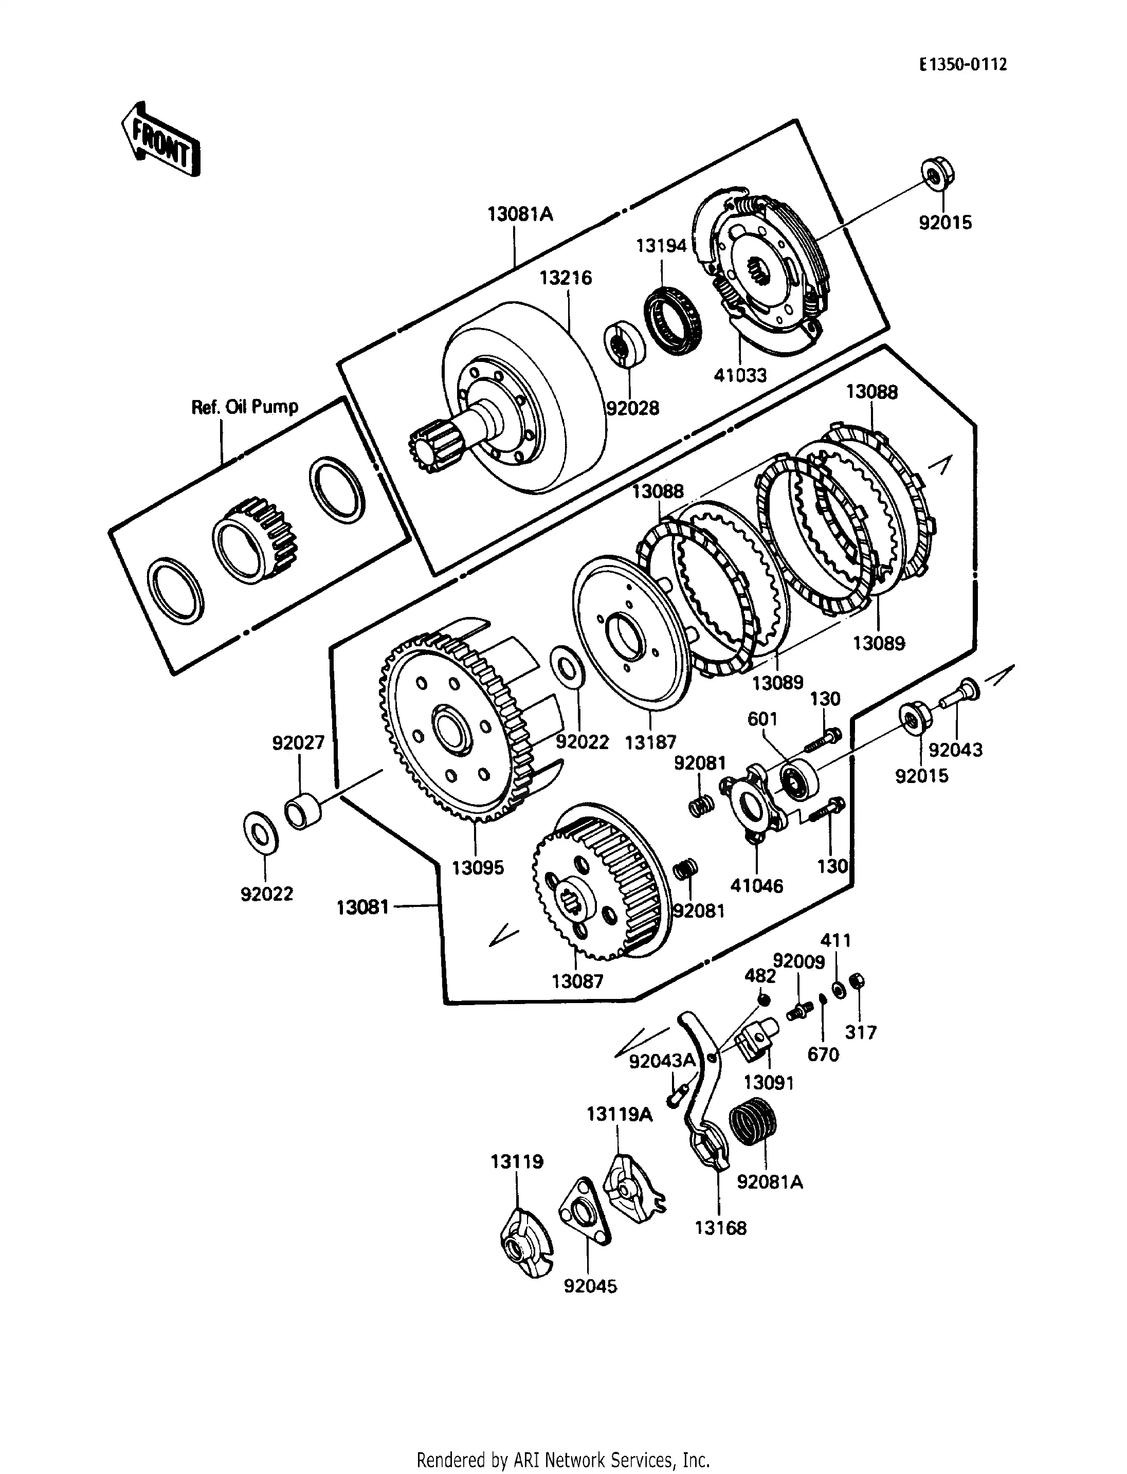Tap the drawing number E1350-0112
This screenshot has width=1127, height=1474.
[x=962, y=64]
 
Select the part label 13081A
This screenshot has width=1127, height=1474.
[x=520, y=215]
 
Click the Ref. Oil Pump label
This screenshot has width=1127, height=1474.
[x=245, y=407]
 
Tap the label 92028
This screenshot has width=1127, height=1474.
[x=632, y=408]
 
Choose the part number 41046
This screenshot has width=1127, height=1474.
[x=757, y=886]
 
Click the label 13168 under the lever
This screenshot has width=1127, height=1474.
[x=720, y=1228]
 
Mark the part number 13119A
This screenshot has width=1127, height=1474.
[x=619, y=1115]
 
